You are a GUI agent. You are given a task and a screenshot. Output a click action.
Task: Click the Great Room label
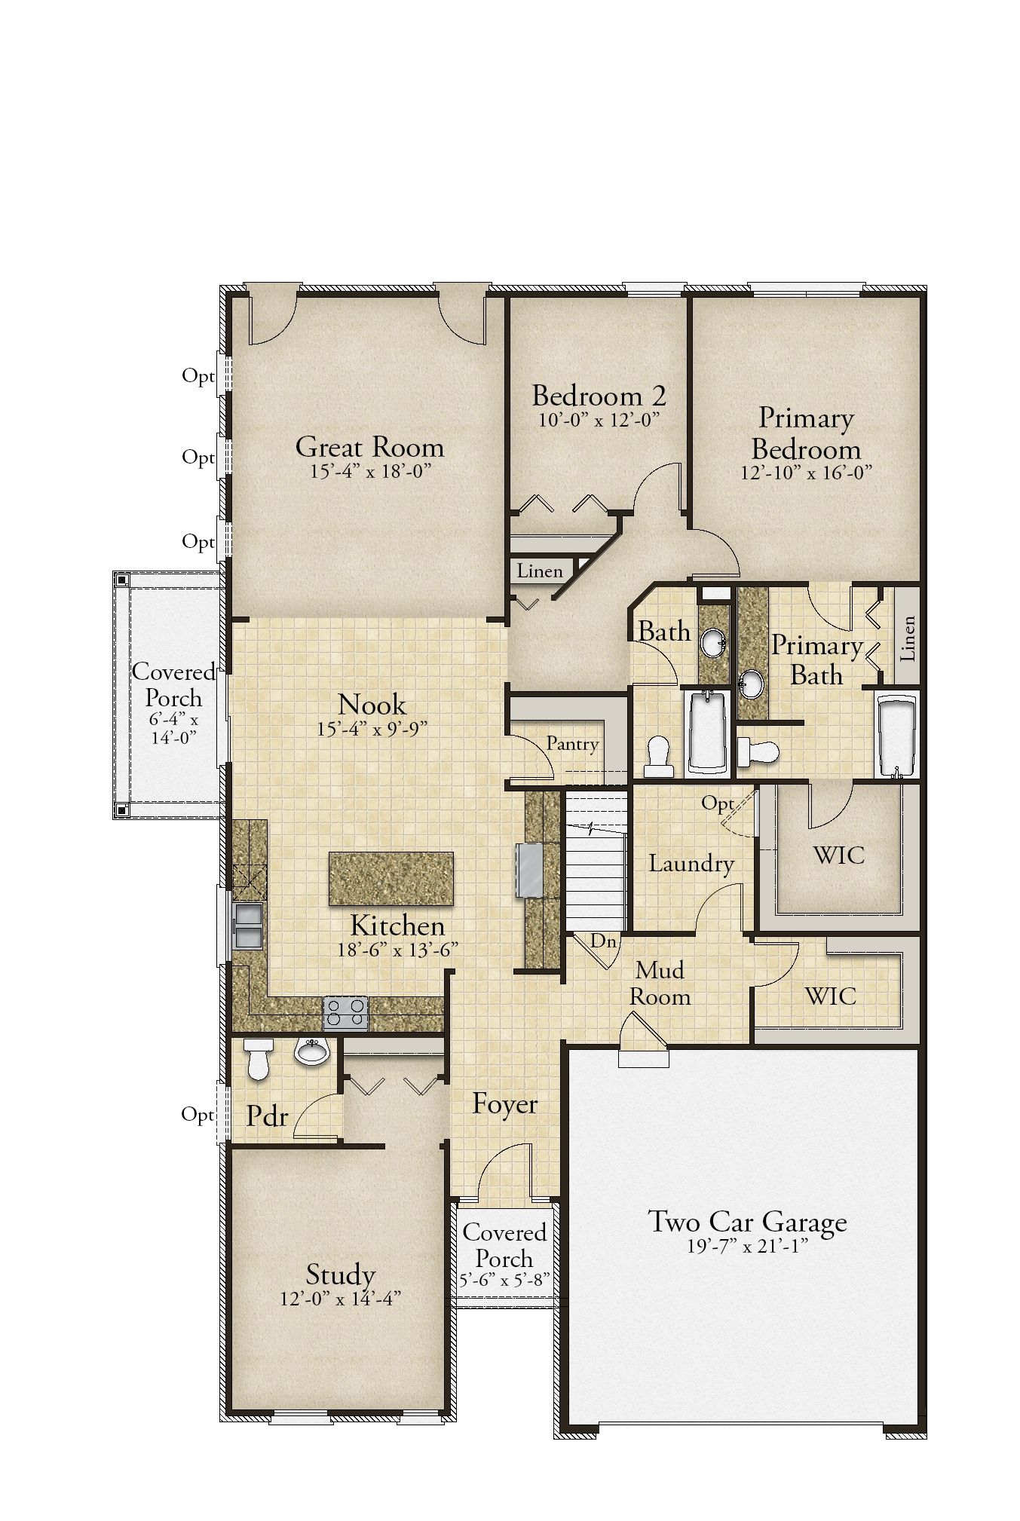pos(369,447)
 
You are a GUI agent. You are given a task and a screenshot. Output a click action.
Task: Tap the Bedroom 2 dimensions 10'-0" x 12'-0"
pos(599,421)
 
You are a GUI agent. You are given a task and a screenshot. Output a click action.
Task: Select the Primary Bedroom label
pos(806,433)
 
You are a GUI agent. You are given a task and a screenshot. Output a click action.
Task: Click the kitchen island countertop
pos(391,879)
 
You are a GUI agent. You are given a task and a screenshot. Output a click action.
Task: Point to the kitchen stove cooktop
pos(346,1013)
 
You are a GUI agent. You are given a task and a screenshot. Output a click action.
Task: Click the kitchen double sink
pos(248,926)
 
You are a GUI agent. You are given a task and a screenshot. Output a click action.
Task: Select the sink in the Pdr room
pos(312,1051)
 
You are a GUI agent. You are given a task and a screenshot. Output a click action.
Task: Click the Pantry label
pos(572,745)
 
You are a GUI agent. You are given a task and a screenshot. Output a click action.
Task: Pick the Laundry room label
pos(691,864)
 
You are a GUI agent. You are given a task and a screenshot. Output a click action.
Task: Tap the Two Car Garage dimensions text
pos(747,1247)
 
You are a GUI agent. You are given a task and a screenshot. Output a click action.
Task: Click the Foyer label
pos(504,1105)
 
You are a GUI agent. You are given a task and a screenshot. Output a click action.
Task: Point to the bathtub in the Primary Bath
pos(897,736)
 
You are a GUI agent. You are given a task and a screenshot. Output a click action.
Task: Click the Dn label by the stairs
pos(603,941)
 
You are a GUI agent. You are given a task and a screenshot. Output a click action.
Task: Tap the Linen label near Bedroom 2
pos(540,571)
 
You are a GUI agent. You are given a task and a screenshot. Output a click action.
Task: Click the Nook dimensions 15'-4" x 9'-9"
pos(372,729)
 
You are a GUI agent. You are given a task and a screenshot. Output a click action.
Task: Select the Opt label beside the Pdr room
pos(198,1115)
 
